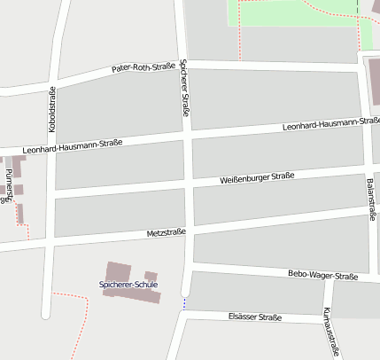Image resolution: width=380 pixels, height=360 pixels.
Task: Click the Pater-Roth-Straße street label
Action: click(143, 67)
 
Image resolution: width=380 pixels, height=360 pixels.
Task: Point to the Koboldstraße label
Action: click(52, 111)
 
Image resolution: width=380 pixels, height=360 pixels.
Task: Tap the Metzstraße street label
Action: click(166, 232)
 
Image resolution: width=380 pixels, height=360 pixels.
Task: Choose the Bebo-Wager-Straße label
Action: click(322, 276)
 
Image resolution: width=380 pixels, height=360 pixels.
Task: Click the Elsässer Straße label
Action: click(254, 317)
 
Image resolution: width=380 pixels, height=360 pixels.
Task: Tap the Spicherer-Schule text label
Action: click(128, 285)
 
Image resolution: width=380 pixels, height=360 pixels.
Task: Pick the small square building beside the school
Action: click(151, 277)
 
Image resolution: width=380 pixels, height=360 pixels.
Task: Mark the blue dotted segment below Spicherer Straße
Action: click(184, 303)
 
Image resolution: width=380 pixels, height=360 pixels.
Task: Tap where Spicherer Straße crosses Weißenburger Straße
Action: click(189, 185)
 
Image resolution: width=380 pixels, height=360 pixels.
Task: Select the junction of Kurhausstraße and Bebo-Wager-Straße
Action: click(328, 285)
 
